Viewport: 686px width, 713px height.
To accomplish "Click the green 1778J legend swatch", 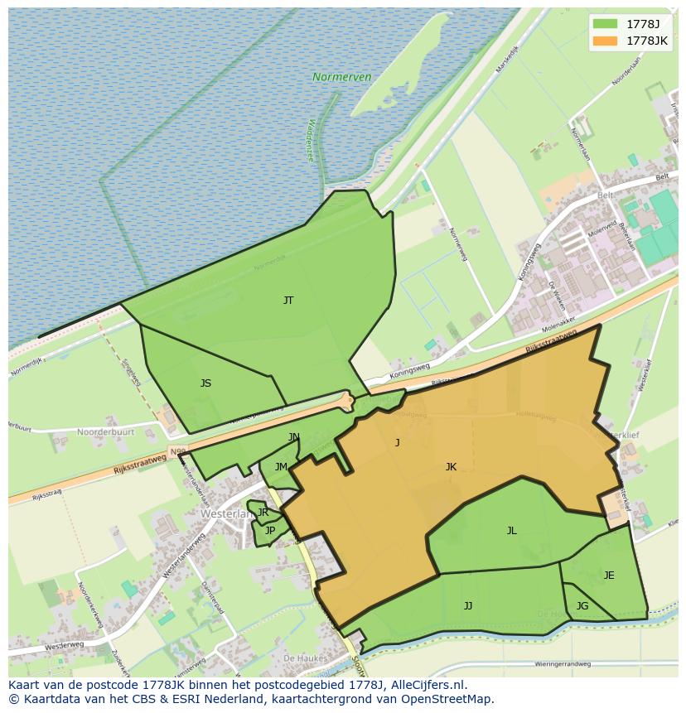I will coord(606,23).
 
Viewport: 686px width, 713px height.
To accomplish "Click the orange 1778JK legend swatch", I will coord(606,40).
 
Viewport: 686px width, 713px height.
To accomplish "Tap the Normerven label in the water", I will coord(341,77).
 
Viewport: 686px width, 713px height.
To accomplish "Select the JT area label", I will coord(288,301).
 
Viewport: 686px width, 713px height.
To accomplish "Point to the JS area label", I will coord(205,383).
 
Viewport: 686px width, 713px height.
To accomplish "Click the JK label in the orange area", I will coord(451,467).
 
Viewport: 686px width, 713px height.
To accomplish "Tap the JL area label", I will coord(511,531).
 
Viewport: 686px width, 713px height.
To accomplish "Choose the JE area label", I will coord(609,576).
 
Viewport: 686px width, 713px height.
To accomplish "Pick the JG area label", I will coord(582,606).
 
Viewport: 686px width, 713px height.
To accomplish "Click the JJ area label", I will coord(468,606).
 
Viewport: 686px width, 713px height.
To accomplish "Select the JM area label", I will coord(281,467).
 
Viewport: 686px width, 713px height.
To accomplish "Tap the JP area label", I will coord(269,531).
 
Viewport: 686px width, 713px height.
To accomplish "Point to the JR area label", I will coord(263,513).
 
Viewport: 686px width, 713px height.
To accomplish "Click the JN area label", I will coord(294,437).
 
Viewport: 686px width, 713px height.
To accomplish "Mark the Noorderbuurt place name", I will coord(105,432).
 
